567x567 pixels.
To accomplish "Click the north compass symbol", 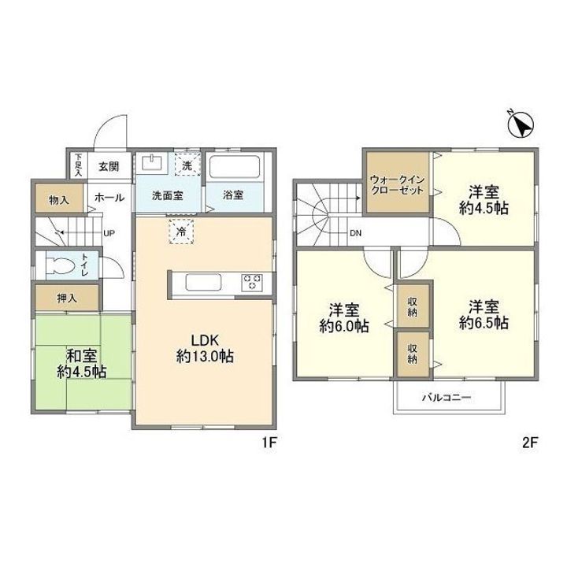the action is pos(521,124).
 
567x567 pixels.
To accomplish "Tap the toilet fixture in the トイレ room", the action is pos(61,267).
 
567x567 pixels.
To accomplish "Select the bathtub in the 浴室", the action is pos(235,167).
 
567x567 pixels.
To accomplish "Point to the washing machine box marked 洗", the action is pos(187,165).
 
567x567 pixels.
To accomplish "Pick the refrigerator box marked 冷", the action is pos(182,232).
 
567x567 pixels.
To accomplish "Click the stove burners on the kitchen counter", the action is pos(252,282).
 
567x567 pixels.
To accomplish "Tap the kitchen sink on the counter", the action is pos(204,282).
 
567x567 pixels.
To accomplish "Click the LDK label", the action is pos(205,340).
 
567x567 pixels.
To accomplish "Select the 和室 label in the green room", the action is pos(81,356).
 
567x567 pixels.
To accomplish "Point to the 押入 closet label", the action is pos(67,298).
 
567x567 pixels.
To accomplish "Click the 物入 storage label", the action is pos(58,199).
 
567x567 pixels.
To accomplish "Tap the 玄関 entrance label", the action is pos(109,167).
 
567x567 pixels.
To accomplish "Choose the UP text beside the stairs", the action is pos(109,233).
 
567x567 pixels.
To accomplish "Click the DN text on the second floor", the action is pos(355,233).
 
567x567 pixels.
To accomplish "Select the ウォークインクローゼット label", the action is pos(398,185).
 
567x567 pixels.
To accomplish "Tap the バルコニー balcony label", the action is pos(447,398).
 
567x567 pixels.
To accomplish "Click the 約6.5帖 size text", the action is pos(484,323).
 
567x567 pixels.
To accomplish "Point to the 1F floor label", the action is pos(270,443).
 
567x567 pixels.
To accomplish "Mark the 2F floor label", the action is pos(531,443).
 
